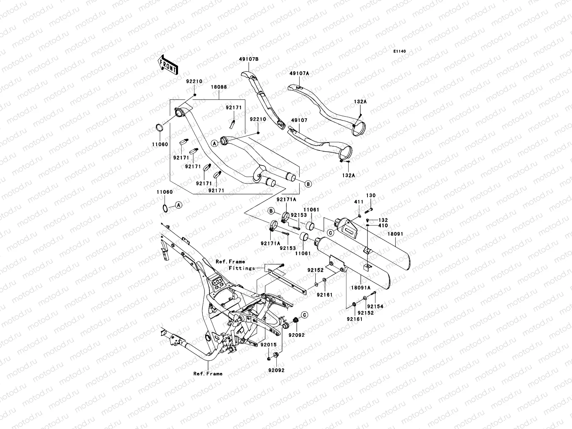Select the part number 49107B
pyautogui.click(x=249, y=59)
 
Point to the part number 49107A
pyautogui.click(x=299, y=73)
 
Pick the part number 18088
pyautogui.click(x=218, y=87)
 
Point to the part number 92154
pyautogui.click(x=375, y=306)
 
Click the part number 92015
pyautogui.click(x=268, y=345)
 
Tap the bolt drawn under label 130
pyautogui.click(x=368, y=210)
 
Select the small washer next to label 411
pyautogui.click(x=359, y=216)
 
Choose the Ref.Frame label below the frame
pyautogui.click(x=208, y=374)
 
